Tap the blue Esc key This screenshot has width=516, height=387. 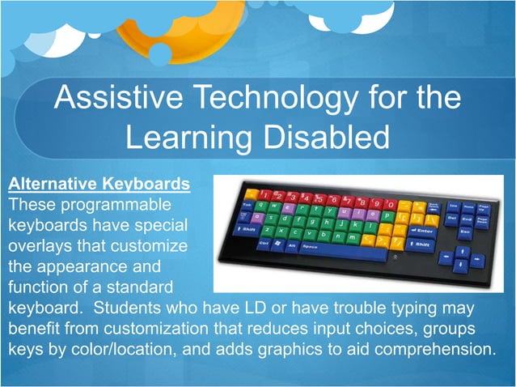click(x=463, y=232)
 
